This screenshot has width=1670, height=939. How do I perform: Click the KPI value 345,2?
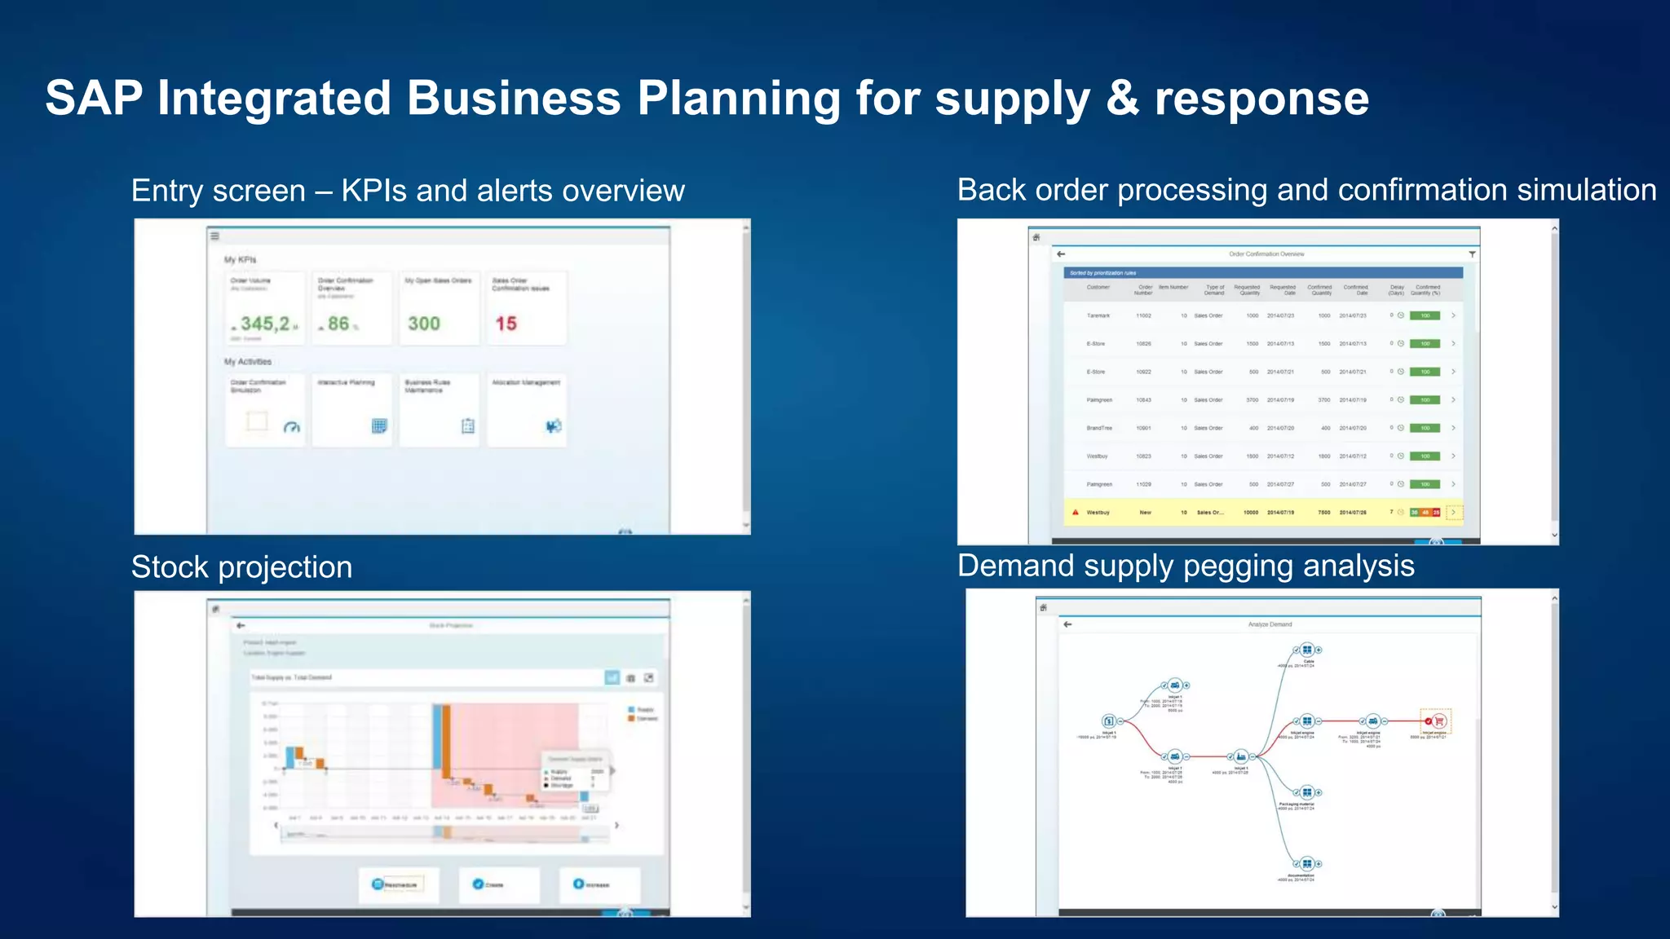click(264, 324)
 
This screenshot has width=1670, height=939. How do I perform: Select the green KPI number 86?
click(338, 324)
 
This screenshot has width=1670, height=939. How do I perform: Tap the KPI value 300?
click(424, 324)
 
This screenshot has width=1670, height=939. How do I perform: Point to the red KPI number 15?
click(506, 324)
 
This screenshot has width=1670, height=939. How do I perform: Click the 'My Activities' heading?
click(248, 362)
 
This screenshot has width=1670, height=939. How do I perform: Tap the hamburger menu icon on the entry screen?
click(215, 236)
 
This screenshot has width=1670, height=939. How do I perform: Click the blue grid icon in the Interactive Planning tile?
click(379, 425)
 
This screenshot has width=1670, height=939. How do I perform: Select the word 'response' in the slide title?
click(1261, 99)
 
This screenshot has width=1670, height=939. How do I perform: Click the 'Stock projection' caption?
click(241, 567)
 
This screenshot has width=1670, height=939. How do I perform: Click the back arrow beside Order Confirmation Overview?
click(1061, 254)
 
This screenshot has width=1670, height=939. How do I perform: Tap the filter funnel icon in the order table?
click(1472, 254)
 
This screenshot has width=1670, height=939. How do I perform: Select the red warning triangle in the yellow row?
click(1076, 512)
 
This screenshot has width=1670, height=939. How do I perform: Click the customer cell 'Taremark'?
click(1098, 315)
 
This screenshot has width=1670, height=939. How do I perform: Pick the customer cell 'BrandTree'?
click(1099, 428)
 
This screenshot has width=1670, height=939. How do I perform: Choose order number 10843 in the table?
click(1144, 400)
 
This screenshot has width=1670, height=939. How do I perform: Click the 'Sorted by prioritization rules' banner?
click(1102, 273)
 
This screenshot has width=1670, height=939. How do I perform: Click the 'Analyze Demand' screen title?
click(1270, 624)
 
